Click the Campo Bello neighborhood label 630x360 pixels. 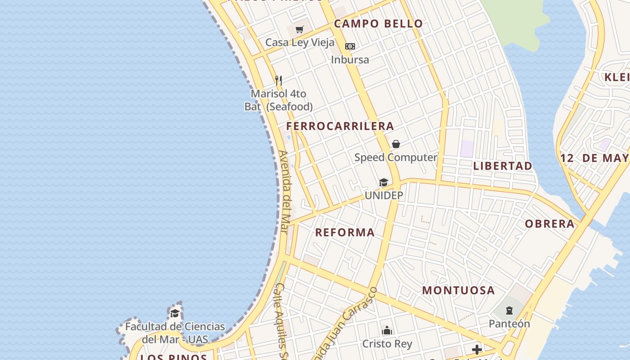[x=378, y=24]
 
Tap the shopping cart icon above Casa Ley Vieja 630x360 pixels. [x=300, y=30]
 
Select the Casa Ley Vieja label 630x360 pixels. [x=300, y=43]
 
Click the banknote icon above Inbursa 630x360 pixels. [x=350, y=46]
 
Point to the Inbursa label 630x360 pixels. [x=350, y=59]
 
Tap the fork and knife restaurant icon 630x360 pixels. [x=279, y=81]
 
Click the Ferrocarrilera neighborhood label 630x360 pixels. [x=340, y=126]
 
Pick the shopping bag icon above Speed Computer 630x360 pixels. [x=396, y=144]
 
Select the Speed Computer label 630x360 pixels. [x=396, y=157]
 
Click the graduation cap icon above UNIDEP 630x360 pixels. [x=383, y=182]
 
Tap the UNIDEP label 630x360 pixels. [x=384, y=196]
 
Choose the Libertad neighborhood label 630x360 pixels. [x=503, y=166]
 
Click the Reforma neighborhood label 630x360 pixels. [x=345, y=233]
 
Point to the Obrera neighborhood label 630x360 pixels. [x=550, y=224]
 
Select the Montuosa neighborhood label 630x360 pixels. [x=459, y=291]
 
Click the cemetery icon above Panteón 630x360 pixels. [x=509, y=310]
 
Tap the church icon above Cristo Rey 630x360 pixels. [x=387, y=331]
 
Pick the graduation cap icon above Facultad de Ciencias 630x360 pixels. [x=175, y=313]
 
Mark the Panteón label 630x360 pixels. [x=509, y=324]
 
